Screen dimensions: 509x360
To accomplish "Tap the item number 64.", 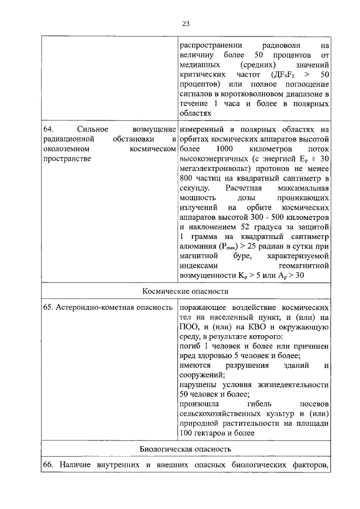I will [48, 130].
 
